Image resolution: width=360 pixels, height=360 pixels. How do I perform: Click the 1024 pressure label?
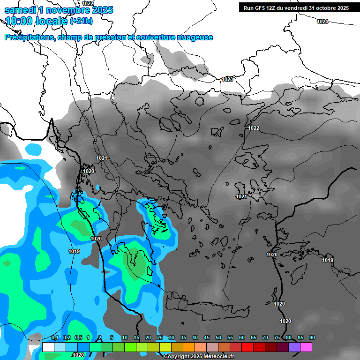pos(322,22)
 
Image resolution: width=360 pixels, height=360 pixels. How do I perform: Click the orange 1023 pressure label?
pos(227,79)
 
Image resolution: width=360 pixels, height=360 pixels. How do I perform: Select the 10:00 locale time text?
pos(36,21)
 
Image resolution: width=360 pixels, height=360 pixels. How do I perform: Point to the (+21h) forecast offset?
pos(81,21)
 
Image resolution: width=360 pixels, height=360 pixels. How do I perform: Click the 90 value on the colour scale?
pos(312,338)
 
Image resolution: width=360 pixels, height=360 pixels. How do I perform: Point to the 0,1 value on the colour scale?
pos(55,338)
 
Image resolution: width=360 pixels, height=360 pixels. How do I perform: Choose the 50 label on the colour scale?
pos(218,338)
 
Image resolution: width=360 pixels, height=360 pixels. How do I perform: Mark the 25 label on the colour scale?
pos(160,338)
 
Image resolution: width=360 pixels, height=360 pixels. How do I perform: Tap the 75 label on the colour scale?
pos(277,338)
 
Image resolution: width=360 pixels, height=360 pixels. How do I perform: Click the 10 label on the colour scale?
pos(125,338)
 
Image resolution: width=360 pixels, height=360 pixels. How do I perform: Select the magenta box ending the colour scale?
pos(306,347)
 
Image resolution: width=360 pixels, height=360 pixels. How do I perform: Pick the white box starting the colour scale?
pos(48,347)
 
